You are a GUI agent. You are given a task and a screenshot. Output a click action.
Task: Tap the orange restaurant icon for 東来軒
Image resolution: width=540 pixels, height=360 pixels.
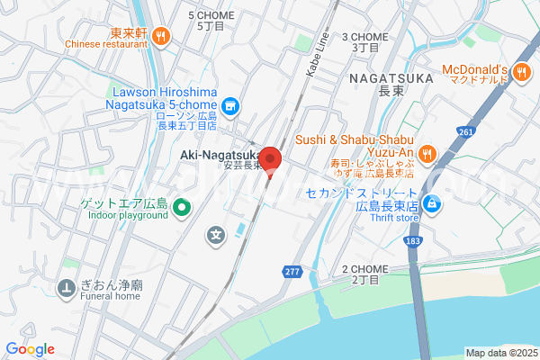click(161, 35)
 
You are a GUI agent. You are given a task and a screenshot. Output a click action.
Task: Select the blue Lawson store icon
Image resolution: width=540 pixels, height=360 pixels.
click(231, 108)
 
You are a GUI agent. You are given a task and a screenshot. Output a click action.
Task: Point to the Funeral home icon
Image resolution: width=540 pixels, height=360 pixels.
click(67, 289)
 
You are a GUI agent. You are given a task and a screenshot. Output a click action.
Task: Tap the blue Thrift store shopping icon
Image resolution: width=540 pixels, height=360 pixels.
click(433, 204)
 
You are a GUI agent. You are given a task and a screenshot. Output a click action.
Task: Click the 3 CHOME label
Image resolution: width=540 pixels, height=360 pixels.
click(364, 37)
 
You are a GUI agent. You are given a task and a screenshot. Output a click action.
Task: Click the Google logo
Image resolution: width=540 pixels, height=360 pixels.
click(30, 349)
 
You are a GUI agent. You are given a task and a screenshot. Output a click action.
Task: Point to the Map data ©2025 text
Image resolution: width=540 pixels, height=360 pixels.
click(499, 352)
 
